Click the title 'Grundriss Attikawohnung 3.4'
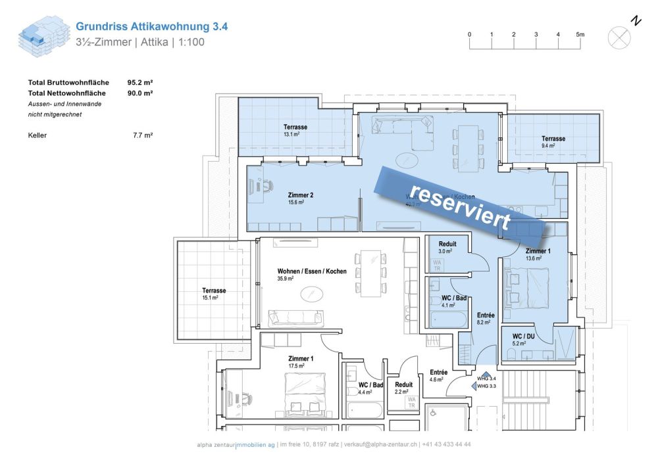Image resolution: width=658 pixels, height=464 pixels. pyautogui.click(x=152, y=27)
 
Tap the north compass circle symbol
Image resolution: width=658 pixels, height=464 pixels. pyautogui.click(x=619, y=37)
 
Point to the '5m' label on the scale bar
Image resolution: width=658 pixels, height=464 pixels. pyautogui.click(x=580, y=34)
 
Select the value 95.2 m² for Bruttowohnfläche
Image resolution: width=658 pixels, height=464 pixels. pyautogui.click(x=140, y=83)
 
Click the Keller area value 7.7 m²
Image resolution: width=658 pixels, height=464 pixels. pyautogui.click(x=143, y=135)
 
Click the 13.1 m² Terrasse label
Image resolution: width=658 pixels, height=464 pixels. pyautogui.click(x=295, y=130)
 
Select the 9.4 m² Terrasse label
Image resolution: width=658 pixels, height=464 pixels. pyautogui.click(x=553, y=142)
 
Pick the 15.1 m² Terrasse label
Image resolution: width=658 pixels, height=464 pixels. pyautogui.click(x=214, y=294)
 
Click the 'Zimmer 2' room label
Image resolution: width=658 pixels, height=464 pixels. pyautogui.click(x=300, y=198)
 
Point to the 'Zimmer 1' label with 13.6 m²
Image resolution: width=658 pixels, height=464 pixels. pyautogui.click(x=538, y=254)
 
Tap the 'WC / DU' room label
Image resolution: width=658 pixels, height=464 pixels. pyautogui.click(x=525, y=340)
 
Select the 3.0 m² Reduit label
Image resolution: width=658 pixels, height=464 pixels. pyautogui.click(x=447, y=247)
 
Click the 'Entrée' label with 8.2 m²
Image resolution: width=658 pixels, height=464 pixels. pyautogui.click(x=485, y=319)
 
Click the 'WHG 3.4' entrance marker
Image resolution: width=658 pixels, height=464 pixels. pyautogui.click(x=486, y=379)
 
